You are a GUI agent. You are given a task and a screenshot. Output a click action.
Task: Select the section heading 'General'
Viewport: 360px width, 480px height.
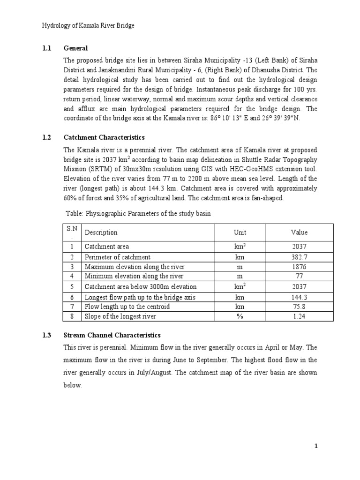(75, 48)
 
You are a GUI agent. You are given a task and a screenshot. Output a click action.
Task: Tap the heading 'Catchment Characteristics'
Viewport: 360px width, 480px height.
(104, 137)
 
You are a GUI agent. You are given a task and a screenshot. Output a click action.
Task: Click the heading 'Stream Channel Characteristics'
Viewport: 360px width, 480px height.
(112, 335)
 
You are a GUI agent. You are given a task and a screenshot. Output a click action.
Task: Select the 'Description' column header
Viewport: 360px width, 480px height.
(101, 232)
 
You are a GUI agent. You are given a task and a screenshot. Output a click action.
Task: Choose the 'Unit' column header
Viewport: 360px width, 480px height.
(240, 232)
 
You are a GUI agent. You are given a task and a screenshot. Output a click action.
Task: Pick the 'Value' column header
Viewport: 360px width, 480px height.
(299, 232)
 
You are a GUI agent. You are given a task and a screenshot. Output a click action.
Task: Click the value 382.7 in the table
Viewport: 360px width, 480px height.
(299, 257)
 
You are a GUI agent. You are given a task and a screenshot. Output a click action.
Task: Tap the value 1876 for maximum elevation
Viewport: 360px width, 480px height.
(299, 266)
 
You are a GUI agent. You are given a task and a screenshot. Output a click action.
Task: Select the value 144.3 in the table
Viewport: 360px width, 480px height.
(299, 297)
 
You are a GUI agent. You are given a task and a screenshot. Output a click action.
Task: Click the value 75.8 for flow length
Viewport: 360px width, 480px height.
(299, 307)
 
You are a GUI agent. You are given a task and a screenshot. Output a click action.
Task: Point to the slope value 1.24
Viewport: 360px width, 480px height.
(299, 316)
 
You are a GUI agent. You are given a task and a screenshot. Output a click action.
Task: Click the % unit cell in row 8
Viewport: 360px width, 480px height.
(240, 316)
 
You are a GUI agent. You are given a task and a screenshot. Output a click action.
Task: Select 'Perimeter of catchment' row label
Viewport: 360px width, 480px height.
(117, 257)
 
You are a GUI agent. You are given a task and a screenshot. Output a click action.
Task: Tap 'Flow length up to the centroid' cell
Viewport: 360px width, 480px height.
(127, 307)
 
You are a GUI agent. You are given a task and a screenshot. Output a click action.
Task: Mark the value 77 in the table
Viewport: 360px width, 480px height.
(299, 276)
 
